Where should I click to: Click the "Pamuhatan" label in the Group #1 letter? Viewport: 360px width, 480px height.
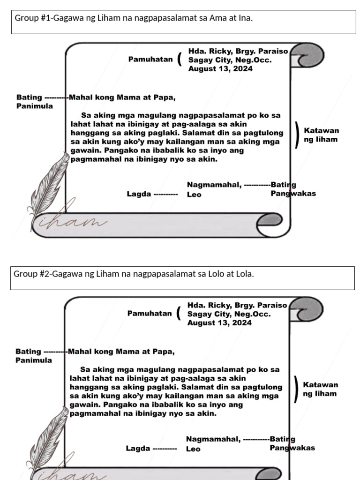(x=150, y=60)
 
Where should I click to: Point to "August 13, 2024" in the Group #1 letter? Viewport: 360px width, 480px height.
(x=220, y=68)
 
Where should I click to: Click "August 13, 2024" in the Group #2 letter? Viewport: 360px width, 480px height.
(x=219, y=322)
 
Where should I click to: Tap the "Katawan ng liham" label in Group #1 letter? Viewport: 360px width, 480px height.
(x=321, y=135)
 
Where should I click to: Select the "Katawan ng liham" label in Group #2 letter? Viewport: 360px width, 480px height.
(x=320, y=389)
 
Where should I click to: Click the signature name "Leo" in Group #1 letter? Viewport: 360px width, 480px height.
(x=194, y=195)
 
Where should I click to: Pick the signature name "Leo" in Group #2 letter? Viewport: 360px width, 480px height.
(x=193, y=449)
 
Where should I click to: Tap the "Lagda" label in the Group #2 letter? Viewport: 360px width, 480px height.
(x=138, y=448)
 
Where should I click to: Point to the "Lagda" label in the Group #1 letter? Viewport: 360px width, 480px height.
(x=139, y=194)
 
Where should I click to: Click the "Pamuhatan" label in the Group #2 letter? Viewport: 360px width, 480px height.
(x=149, y=314)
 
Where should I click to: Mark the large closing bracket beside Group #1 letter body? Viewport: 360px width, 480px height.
(x=298, y=135)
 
